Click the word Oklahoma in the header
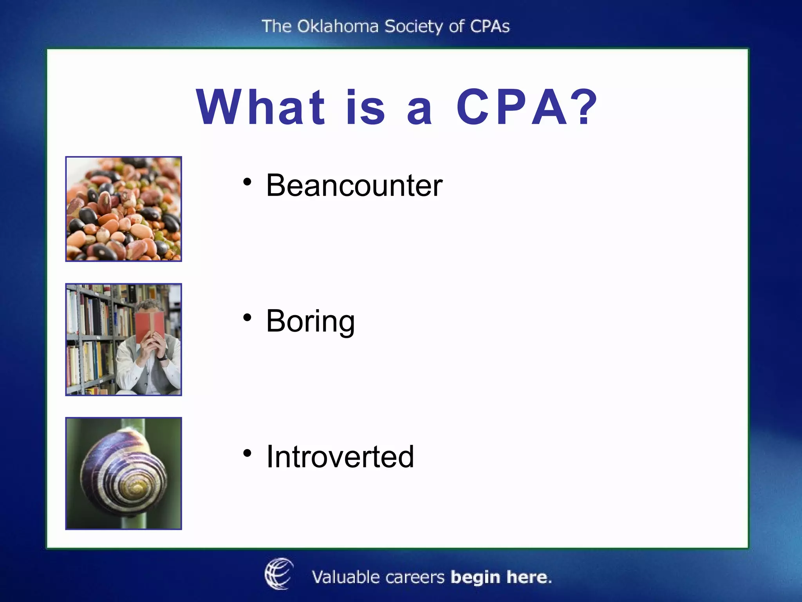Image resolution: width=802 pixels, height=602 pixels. pyautogui.click(x=338, y=27)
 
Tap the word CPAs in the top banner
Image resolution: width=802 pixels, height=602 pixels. pyautogui.click(x=490, y=27)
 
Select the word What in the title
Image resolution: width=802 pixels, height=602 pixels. pyautogui.click(x=260, y=107)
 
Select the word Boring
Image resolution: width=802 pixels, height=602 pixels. pyautogui.click(x=310, y=321)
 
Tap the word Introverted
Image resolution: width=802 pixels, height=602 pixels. pyautogui.click(x=340, y=457)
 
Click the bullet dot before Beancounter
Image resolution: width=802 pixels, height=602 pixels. pyautogui.click(x=247, y=182)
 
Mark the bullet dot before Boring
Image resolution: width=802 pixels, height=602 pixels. pyautogui.click(x=247, y=317)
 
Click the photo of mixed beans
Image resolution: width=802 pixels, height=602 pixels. pyautogui.click(x=123, y=209)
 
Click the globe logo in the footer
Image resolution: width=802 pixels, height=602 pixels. pyautogui.click(x=279, y=574)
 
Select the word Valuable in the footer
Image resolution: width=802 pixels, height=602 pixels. pyautogui.click(x=345, y=577)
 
